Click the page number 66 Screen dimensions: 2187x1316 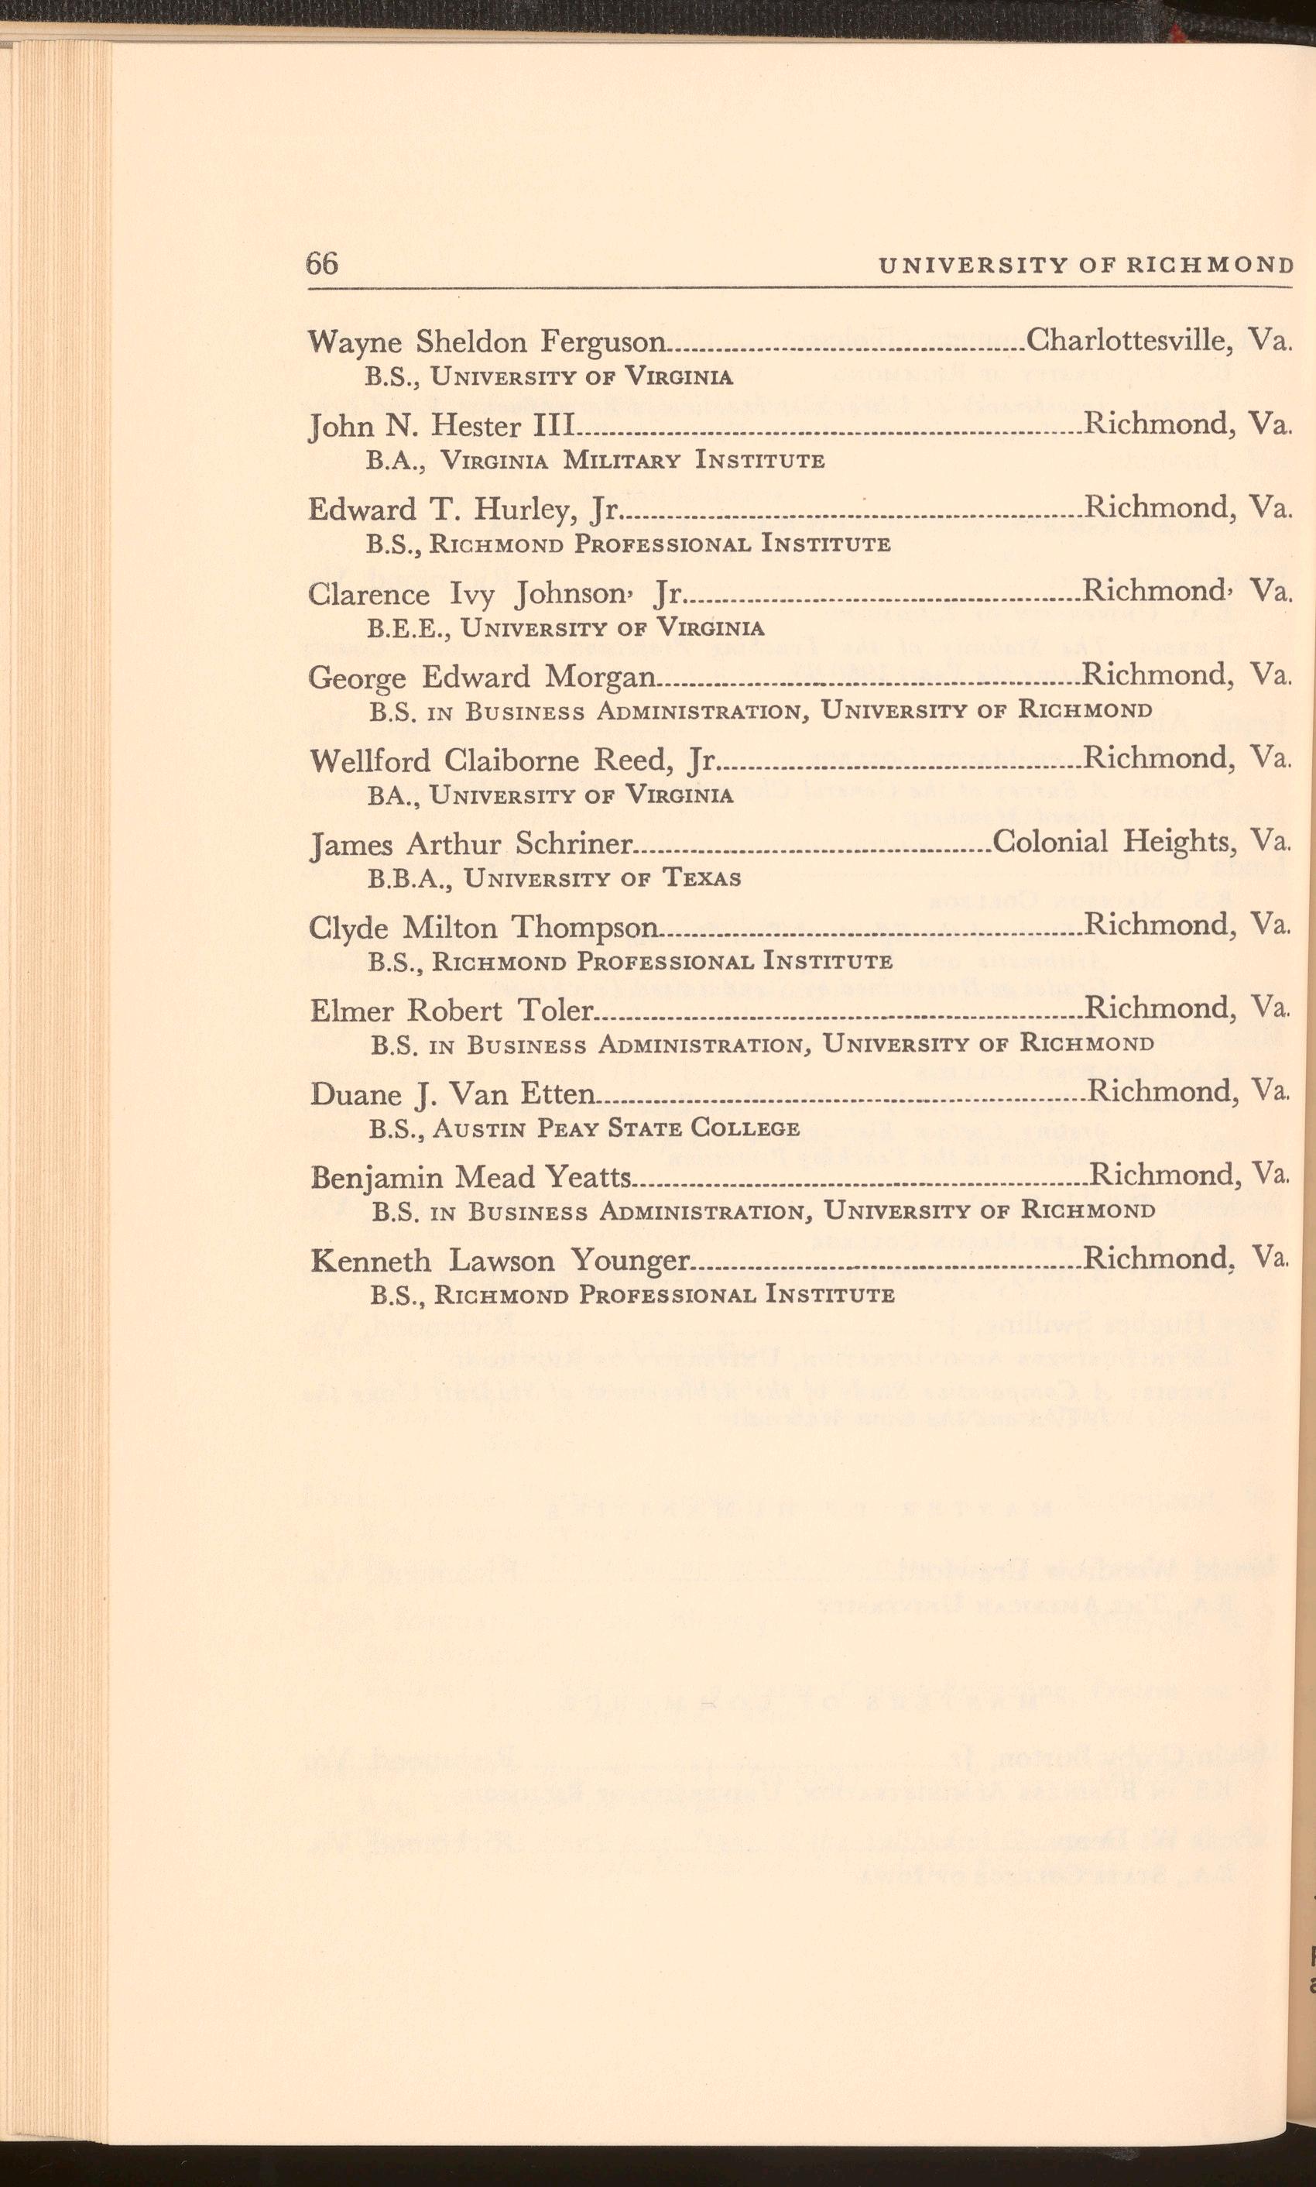[x=322, y=263]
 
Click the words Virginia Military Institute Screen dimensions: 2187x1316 [x=632, y=460]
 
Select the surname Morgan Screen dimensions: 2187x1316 [x=601, y=678]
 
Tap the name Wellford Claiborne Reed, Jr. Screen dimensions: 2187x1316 [x=512, y=761]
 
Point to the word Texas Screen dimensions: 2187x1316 [x=701, y=879]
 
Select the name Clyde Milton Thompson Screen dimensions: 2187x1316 [x=484, y=928]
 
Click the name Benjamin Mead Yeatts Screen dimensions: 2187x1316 [x=471, y=1178]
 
